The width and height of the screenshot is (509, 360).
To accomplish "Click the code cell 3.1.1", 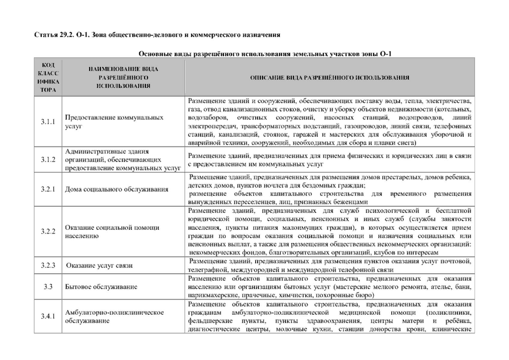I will (48, 121).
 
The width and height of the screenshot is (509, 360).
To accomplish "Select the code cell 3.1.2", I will (48, 160).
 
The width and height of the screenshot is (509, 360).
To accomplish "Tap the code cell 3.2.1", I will (48, 189).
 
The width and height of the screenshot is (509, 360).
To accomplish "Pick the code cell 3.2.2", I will (48, 232).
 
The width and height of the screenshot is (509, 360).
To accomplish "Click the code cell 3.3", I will (48, 287).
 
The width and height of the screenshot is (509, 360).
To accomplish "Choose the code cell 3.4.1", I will (48, 316).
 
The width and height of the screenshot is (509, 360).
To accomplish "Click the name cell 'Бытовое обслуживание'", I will (101, 287).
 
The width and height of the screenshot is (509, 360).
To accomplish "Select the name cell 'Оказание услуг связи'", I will (99, 265).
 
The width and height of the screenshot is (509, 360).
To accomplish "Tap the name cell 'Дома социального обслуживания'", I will (116, 189).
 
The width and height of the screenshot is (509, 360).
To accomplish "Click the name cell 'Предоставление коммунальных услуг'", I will (114, 121).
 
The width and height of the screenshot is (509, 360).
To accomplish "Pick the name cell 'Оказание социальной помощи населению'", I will (112, 232).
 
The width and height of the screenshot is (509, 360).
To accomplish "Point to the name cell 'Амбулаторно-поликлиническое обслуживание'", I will (114, 316).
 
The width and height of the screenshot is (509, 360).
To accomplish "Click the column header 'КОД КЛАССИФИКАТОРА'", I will (48, 77).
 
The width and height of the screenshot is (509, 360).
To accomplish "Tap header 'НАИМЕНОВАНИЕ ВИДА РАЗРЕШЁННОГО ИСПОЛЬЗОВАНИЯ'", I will (123, 77).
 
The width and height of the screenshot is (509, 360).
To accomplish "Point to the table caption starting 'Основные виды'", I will (265, 54).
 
